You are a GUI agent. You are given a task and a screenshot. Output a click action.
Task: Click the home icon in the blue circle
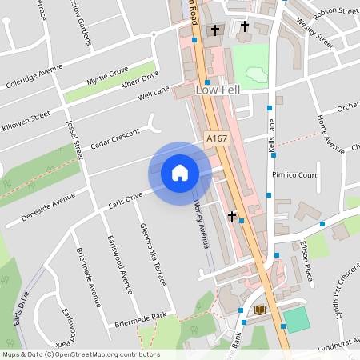click(x=180, y=173)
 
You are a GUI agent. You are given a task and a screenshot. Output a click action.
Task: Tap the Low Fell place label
click(x=218, y=92)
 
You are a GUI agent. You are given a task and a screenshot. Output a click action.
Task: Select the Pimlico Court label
click(x=294, y=174)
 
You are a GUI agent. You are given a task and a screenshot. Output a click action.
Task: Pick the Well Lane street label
click(x=154, y=94)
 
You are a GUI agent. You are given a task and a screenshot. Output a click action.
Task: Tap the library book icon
click(x=259, y=310)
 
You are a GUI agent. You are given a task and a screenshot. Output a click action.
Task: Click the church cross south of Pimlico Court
click(x=232, y=216)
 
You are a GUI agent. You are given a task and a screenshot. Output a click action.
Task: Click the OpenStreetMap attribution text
click(x=80, y=354)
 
